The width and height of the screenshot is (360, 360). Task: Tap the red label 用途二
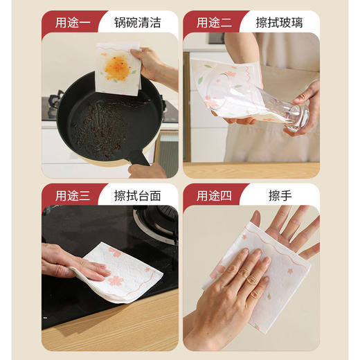coord(211,22)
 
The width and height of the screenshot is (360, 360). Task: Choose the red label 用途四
coord(211,195)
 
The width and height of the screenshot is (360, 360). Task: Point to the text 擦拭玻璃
coord(278,22)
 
